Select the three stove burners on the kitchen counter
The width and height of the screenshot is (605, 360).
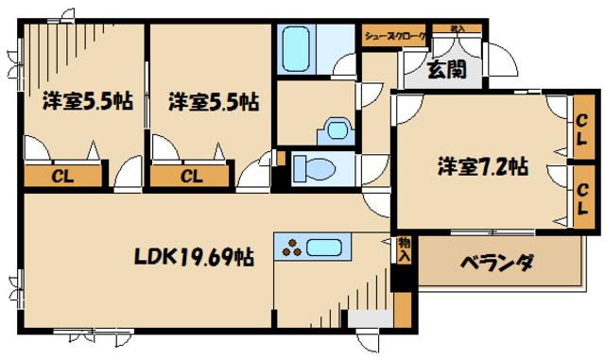coord(290,249)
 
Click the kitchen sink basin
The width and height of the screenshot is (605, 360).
coord(326,249)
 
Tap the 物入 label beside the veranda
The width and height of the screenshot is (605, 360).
coord(404,250)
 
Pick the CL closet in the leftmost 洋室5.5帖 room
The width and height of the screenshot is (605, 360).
coord(62,176)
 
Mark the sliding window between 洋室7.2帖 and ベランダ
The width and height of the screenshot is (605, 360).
coord(487,231)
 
